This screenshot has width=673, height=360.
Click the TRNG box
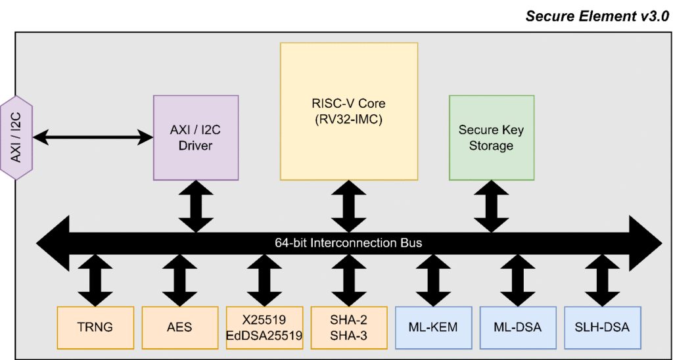tap(95, 326)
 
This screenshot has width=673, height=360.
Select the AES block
tap(179, 326)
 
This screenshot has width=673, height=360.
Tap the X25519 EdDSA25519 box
tap(264, 326)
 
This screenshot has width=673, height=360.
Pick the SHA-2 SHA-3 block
tap(349, 326)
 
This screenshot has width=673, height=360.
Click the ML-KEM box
tap(433, 326)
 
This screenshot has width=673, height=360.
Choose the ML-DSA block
tap(517, 326)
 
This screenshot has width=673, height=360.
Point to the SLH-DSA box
tap(602, 326)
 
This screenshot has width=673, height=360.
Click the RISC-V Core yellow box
tap(349, 111)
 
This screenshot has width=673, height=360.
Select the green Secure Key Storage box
tap(491, 137)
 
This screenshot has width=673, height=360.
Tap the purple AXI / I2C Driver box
tap(196, 137)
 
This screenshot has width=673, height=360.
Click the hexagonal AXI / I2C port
tap(15, 137)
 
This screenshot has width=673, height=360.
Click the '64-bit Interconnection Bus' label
tap(348, 243)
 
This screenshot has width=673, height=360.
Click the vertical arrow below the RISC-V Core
tap(349, 205)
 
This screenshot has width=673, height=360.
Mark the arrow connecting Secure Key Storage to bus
tap(491, 205)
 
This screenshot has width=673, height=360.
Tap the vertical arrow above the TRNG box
tap(95, 279)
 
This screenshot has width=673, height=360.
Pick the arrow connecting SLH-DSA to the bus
tap(602, 279)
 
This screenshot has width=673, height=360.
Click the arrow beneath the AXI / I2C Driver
tap(196, 205)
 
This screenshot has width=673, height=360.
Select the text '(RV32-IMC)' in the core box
tap(349, 119)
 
